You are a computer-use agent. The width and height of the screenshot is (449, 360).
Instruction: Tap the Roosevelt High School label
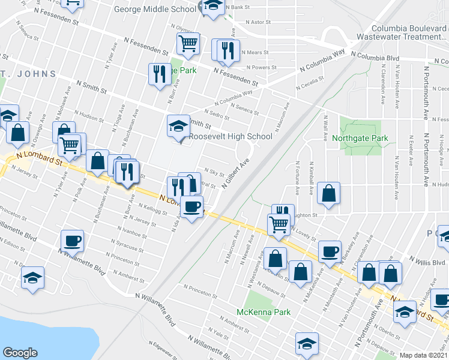coord(231,137)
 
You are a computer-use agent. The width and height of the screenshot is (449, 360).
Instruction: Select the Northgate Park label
coord(360,139)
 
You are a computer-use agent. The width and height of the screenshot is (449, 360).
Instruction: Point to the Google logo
coord(20,353)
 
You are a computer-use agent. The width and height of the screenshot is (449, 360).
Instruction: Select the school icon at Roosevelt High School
coord(178,126)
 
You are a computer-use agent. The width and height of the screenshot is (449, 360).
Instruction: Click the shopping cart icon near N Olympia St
coord(188,44)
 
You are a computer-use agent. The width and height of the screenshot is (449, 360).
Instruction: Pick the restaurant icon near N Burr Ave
coord(159,74)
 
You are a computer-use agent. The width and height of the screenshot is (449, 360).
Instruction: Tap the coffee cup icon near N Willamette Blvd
coord(72,241)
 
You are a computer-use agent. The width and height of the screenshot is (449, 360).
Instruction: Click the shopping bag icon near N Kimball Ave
coord(329,193)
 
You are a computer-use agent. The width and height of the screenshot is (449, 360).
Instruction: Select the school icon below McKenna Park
coord(307,344)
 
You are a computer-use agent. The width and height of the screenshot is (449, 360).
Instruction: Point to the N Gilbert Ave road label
coord(235,175)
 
